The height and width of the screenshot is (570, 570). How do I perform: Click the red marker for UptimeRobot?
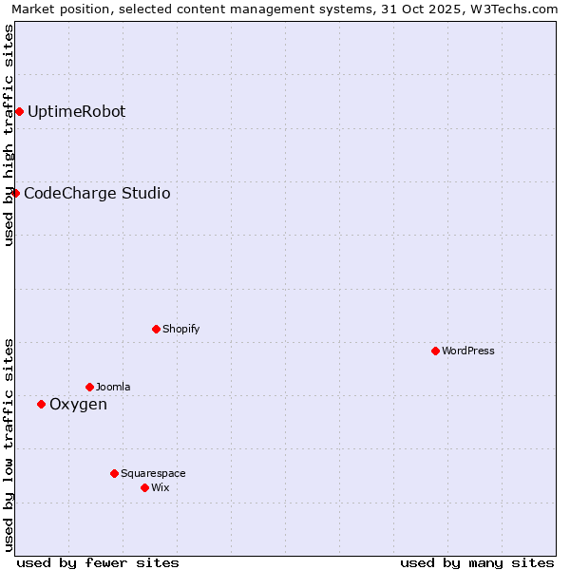coord(19,112)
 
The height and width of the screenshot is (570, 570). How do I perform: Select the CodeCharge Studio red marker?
coord(15,194)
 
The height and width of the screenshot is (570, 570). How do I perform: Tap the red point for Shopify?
coord(156,330)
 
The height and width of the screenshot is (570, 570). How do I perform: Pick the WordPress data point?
coord(435,351)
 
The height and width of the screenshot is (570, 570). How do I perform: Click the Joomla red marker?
coord(89,388)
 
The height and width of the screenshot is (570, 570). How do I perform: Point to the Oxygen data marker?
coord(41,405)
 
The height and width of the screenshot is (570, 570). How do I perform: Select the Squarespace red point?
coord(114,474)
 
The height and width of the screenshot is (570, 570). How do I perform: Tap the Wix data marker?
coord(144,488)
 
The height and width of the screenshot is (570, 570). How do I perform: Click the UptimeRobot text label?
coord(76,112)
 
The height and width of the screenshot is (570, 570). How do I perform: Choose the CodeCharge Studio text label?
coord(97,194)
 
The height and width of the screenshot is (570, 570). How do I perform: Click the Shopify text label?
coord(180,330)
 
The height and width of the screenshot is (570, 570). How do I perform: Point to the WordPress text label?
coord(468,351)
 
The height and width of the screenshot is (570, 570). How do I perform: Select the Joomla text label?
coord(113,388)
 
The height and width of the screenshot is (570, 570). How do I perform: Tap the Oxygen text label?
coord(78,405)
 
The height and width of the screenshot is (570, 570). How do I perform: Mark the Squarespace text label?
coord(153,474)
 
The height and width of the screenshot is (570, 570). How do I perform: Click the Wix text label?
coord(160,488)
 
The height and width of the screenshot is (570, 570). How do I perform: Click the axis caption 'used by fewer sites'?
coord(98,562)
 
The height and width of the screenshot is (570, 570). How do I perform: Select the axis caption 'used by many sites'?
coord(477,562)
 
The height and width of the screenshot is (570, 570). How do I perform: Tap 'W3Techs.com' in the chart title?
coord(516,9)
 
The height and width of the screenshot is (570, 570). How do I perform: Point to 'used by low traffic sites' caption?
coord(9,445)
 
